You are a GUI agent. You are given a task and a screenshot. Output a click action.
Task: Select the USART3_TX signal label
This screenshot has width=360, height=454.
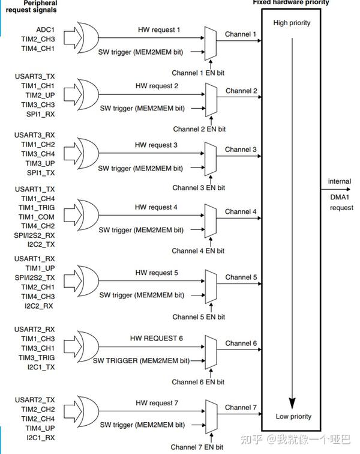[x=34, y=76]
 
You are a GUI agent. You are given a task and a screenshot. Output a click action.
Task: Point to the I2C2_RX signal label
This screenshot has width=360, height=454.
[x=40, y=306]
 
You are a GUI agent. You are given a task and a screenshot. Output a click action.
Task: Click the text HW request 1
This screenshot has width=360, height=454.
[x=157, y=29]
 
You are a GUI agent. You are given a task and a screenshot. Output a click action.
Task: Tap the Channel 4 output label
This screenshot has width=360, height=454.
[x=241, y=212]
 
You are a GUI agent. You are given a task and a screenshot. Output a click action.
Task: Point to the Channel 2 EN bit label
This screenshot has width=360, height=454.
[x=199, y=129]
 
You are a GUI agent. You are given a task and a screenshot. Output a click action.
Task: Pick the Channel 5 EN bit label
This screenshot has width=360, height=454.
[x=199, y=316]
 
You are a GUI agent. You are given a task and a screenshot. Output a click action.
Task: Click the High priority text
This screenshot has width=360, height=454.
[x=292, y=23]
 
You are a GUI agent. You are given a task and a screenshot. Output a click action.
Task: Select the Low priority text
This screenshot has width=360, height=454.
[x=293, y=416]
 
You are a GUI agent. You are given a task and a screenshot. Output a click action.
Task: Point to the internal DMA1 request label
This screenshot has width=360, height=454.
[x=341, y=195]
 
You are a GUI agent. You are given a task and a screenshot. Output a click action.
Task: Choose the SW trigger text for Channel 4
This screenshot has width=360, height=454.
[x=141, y=230]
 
